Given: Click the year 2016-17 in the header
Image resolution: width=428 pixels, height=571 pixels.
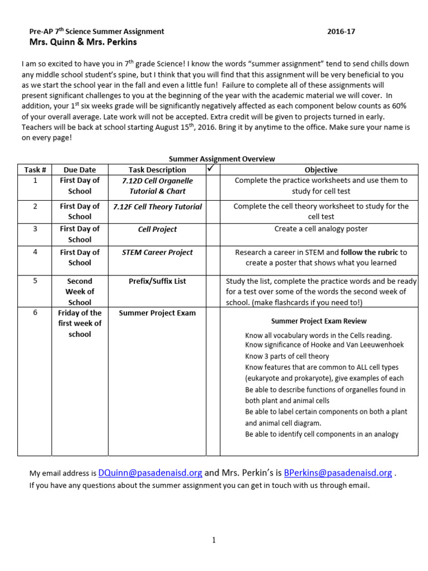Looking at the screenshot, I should (341, 32).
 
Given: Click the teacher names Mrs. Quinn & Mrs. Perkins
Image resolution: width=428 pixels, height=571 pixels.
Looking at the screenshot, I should (83, 42).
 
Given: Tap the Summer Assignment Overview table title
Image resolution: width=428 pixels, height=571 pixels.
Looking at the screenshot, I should (222, 159).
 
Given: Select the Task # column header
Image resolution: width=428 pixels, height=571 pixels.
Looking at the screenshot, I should (35, 170).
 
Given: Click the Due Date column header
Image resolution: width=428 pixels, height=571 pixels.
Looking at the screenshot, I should (80, 170).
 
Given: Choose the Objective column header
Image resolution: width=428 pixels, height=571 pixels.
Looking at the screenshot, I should (320, 170).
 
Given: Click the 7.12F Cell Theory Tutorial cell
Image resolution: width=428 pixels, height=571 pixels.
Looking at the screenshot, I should (157, 206).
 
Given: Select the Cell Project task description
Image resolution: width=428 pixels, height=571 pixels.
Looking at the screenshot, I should (157, 229).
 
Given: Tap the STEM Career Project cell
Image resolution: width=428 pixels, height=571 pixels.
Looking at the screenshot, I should (157, 252).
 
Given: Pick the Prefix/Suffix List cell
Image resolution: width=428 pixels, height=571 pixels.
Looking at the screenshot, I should (157, 281).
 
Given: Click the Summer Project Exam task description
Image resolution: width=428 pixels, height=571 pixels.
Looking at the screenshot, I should (157, 313).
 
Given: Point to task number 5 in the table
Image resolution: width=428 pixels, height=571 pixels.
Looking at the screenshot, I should (35, 280).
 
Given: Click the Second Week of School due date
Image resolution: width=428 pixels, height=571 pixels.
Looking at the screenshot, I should (80, 292).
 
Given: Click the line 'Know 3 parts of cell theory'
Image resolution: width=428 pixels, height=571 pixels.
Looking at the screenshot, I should (287, 356).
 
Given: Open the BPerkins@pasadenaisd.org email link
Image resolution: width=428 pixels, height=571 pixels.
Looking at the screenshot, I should (338, 473).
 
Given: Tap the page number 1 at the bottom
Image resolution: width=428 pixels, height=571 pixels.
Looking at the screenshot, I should (214, 540).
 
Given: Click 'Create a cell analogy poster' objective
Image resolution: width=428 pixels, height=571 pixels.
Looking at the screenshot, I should (321, 229).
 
